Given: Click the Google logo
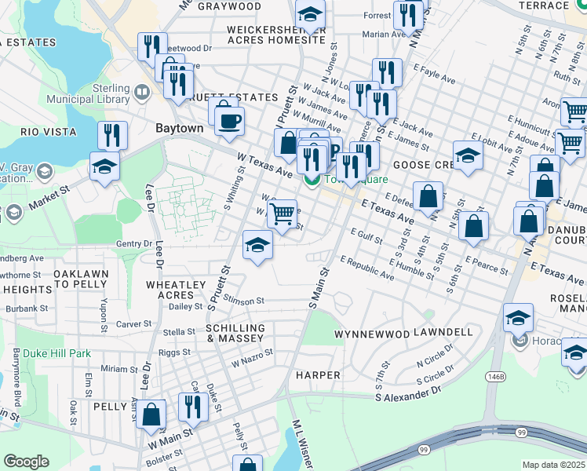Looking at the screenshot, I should click(26, 462).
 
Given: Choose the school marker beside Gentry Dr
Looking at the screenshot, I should click(257, 246).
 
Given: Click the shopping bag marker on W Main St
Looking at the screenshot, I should click(153, 415).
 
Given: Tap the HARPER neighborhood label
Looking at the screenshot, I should click(318, 375).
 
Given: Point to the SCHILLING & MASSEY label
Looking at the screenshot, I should click(235, 333).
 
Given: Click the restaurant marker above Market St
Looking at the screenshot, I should click(113, 136).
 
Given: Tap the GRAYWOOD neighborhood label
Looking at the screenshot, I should click(229, 6).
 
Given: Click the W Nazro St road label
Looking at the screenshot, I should click(252, 358).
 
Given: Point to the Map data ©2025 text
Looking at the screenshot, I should click(553, 465).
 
